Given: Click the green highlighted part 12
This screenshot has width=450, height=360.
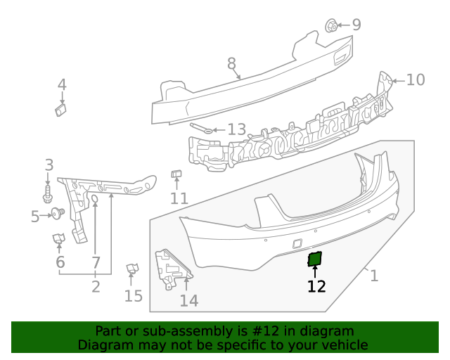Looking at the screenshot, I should (x=315, y=259).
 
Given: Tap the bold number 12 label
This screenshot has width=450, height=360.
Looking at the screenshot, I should (x=316, y=286).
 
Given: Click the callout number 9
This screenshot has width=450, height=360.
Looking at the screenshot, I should (x=356, y=25).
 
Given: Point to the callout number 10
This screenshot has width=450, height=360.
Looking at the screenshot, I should (x=416, y=80).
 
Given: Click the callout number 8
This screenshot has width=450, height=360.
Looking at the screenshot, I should (x=231, y=65).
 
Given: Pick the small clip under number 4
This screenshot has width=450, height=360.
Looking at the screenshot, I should (x=60, y=109).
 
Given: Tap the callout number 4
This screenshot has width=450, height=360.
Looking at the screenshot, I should (x=62, y=85).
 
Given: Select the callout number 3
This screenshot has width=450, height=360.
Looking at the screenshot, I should (x=49, y=165).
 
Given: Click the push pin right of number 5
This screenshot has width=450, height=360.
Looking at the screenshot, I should (x=57, y=213).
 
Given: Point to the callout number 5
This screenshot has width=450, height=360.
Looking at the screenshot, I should (x=35, y=217).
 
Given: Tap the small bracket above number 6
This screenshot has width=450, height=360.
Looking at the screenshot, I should (x=59, y=240).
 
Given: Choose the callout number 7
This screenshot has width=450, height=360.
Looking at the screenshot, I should (x=96, y=263).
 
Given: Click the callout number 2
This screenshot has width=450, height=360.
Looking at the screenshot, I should (x=96, y=287).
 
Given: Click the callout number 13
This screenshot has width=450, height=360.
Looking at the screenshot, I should (x=236, y=129).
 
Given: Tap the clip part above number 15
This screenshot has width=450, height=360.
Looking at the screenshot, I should (x=131, y=269).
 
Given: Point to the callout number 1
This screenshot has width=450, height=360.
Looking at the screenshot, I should (x=374, y=276).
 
